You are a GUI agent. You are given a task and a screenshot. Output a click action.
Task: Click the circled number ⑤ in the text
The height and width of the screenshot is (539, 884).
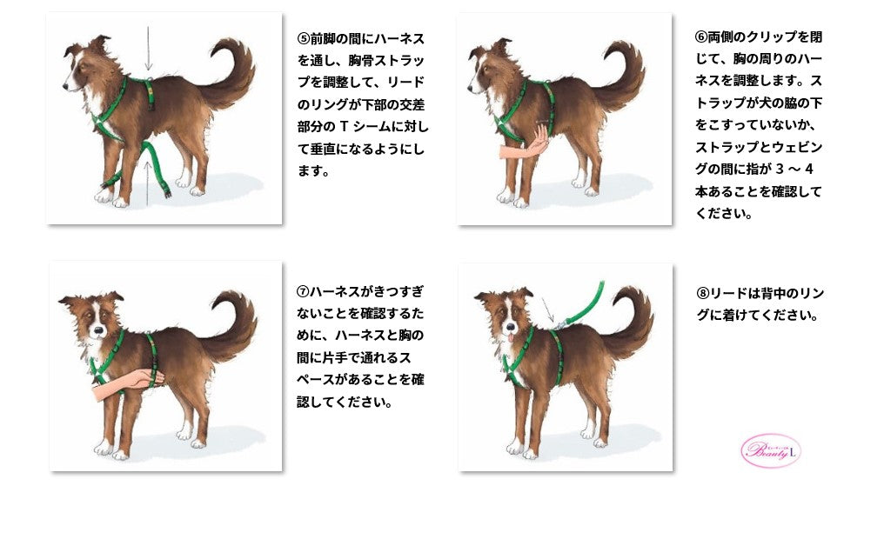tap(304, 39)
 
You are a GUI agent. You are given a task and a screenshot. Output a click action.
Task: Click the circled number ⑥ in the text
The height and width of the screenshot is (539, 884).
tap(700, 37)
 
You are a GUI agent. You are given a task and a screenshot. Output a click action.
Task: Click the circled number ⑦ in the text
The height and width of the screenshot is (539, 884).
tap(303, 290)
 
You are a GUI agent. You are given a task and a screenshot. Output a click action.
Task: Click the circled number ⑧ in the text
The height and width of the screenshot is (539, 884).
tap(701, 293)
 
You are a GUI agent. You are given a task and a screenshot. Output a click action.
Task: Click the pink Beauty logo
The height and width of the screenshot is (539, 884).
tap(770, 450)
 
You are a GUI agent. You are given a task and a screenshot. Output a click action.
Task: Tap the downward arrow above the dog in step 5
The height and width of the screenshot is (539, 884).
tap(148, 49)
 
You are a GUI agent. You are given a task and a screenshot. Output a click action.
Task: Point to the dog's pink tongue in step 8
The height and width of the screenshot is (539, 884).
tap(511, 337)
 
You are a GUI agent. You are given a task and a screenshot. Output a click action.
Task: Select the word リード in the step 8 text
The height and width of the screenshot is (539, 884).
tap(729, 293)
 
